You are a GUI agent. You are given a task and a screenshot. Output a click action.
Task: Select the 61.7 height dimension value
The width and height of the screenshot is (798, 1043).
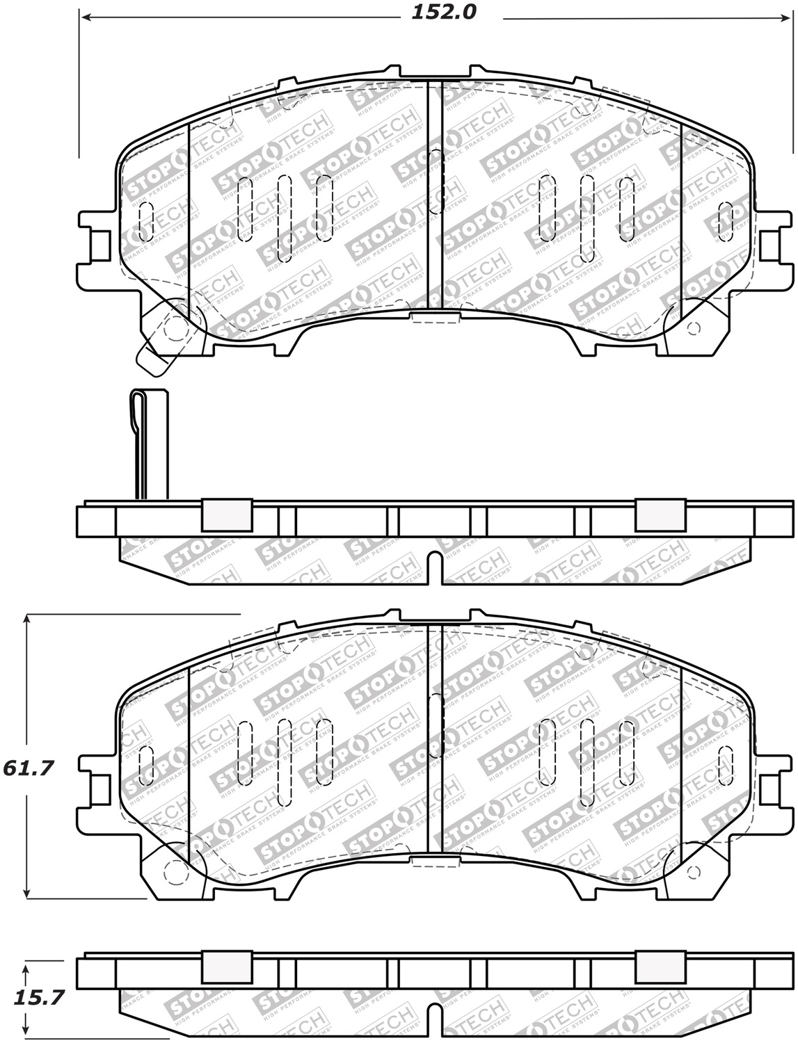click(x=29, y=768)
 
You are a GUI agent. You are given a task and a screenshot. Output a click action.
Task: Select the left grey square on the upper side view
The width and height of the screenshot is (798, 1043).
click(x=226, y=515)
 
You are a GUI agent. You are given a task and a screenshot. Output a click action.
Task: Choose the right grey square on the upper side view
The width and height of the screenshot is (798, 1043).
click(x=660, y=515)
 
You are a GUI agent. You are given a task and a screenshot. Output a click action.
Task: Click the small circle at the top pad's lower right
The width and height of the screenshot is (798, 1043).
click(x=693, y=328)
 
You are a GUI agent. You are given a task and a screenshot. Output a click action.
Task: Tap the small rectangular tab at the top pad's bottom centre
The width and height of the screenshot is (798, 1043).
click(x=435, y=318)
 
